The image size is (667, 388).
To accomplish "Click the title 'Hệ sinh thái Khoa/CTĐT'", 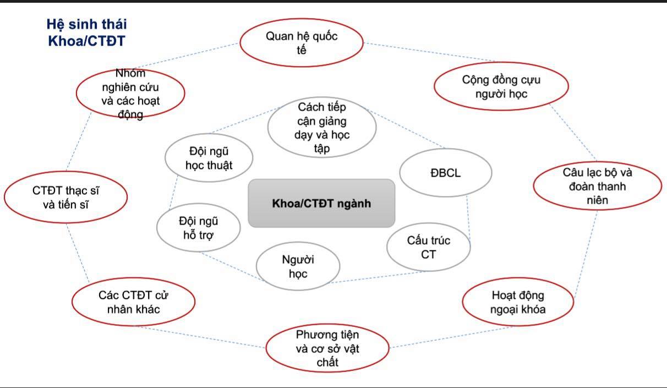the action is point(86,32).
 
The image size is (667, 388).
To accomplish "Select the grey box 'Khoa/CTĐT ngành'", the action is point(321,204).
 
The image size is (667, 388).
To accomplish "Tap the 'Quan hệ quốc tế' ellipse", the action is point(302,42).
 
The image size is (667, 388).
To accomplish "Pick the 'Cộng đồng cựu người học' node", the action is point(501,86).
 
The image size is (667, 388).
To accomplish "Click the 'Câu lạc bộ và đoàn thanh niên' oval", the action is point(597,186).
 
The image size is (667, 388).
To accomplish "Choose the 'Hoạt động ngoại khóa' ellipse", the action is point(518,302).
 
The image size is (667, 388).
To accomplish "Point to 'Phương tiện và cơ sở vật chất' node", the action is point(327,348).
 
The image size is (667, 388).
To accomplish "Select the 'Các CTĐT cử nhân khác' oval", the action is point(133,302).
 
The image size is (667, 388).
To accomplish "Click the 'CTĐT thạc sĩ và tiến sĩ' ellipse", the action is point(65,197).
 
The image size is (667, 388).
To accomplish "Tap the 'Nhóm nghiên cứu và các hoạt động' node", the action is point(130,94).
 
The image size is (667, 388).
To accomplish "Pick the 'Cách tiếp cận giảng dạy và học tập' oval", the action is point(322,128).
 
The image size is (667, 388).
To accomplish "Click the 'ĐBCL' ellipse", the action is point(445,173).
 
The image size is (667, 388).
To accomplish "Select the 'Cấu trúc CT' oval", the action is point(429,247).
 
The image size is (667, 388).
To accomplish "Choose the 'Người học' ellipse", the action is point(298,266).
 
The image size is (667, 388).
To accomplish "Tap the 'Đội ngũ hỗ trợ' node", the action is point(198,228).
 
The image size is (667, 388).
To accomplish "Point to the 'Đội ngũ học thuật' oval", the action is point(209,158).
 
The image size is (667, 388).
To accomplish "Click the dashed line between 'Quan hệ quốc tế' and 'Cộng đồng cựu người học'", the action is point(429,52).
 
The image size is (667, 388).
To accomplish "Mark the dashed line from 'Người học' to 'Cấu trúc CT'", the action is point(378,277).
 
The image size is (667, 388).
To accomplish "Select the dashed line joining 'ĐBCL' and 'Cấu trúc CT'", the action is point(468,218).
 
